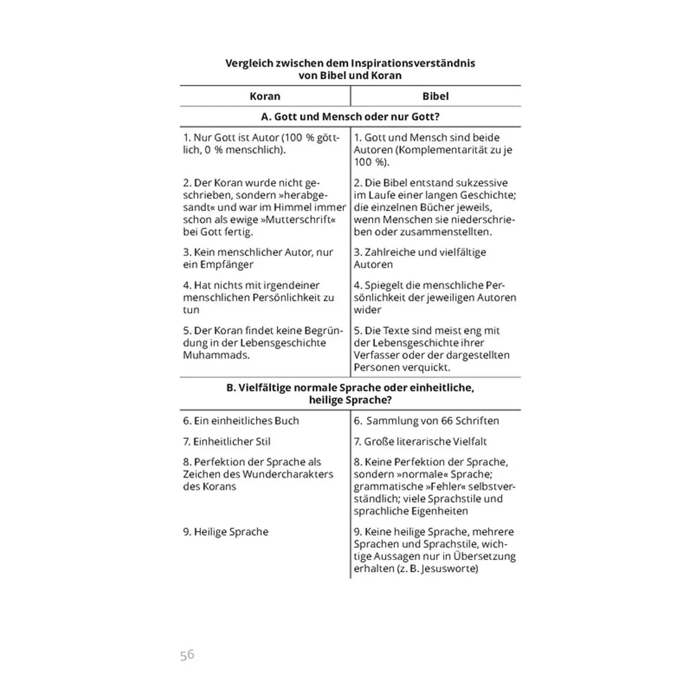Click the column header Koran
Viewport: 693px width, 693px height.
click(x=265, y=96)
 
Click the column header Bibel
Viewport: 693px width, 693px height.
click(x=436, y=96)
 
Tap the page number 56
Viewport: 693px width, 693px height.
click(x=187, y=655)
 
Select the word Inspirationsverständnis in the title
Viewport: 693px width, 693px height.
click(x=413, y=63)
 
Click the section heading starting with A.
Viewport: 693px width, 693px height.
click(x=350, y=117)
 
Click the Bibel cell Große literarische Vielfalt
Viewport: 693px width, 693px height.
click(x=425, y=442)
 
